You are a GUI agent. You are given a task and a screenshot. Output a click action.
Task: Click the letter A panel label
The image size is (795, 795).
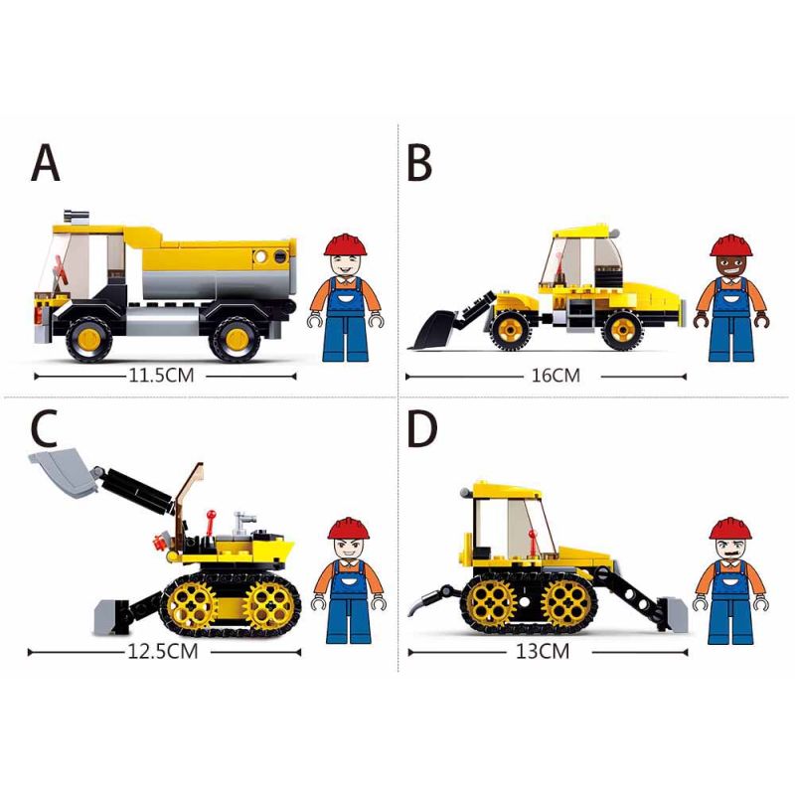click(46, 163)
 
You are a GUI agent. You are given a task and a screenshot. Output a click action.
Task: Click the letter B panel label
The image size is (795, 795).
click(418, 163)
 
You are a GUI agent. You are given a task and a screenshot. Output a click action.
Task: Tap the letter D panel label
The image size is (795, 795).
click(422, 428)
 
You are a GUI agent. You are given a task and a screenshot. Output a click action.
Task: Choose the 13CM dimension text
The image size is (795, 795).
click(542, 652)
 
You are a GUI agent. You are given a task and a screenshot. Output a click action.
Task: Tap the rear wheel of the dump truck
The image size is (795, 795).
click(236, 338)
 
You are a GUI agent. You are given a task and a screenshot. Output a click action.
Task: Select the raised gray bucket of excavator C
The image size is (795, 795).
click(62, 473)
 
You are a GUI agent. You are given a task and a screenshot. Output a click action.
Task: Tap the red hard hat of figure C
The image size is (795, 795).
click(348, 526)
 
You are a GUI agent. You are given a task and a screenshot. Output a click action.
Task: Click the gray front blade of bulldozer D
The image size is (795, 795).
click(670, 613)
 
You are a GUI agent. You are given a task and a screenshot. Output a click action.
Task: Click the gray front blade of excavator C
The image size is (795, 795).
click(110, 616)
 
